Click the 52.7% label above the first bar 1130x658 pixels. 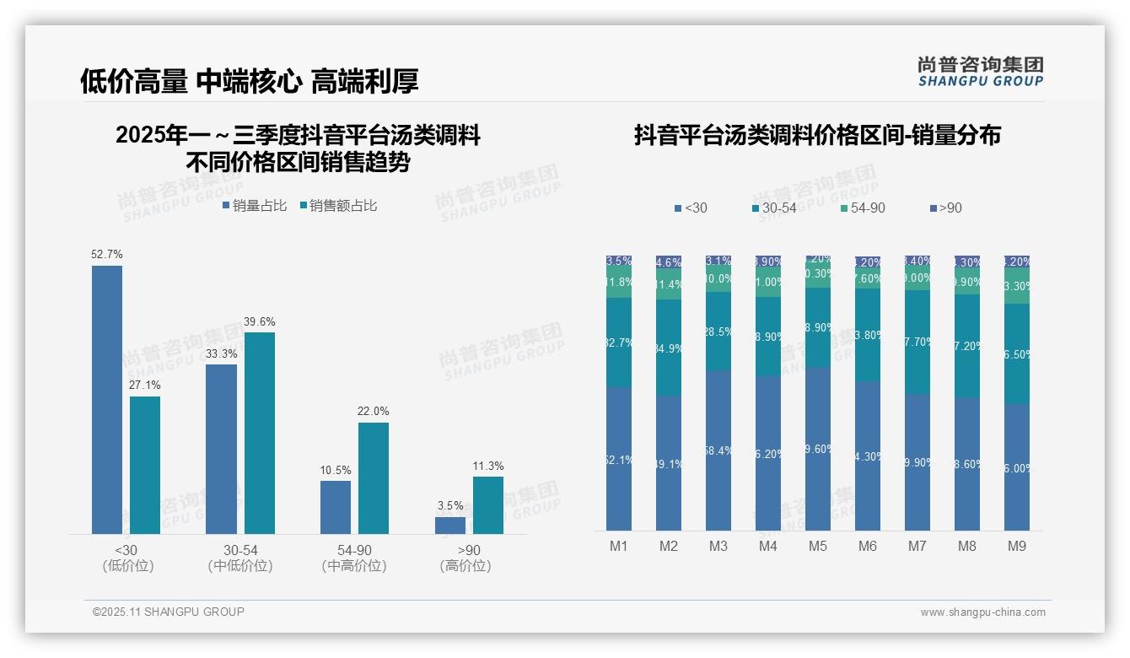click(107, 254)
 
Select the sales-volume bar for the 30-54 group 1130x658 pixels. click(221, 449)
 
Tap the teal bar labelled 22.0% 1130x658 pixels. click(374, 477)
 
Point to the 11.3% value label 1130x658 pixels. click(488, 467)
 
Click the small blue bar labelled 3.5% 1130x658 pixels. click(450, 525)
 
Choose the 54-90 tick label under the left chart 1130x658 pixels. click(354, 551)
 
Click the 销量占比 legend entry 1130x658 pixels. click(255, 206)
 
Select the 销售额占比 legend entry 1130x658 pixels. click(338, 206)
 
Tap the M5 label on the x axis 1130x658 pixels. click(818, 547)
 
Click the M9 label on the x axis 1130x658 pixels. click(1017, 547)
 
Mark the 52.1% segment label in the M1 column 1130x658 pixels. click(619, 461)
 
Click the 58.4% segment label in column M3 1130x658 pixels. click(718, 451)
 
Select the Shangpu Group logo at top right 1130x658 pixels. click(980, 71)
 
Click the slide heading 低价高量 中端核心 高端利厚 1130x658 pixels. click(250, 81)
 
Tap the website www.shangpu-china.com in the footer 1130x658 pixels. click(982, 612)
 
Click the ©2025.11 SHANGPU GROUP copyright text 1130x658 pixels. click(169, 612)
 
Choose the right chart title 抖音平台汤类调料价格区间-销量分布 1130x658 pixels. click(817, 136)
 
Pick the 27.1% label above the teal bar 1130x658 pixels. click(145, 386)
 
